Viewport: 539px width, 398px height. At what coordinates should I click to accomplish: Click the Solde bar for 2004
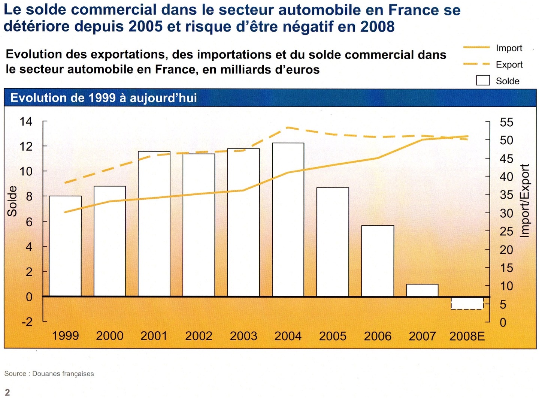point(288,219)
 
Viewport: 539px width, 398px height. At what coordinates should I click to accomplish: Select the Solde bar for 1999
point(65,246)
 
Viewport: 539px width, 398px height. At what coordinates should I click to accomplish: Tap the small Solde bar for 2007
point(422,290)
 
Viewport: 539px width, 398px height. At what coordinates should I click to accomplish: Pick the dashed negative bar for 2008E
point(467,303)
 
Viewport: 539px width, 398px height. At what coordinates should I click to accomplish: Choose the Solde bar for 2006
point(378,260)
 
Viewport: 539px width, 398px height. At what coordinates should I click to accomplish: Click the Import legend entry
point(509,48)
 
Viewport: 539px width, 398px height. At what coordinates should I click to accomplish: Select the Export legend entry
point(509,64)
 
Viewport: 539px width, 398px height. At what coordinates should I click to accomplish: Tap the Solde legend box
point(483,81)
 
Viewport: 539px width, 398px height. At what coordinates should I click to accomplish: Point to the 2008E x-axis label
point(467,336)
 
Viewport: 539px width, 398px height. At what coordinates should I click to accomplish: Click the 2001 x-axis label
point(154,336)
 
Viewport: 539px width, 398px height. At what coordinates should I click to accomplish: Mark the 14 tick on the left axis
point(26,121)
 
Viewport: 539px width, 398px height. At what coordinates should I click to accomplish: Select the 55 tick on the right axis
point(506,122)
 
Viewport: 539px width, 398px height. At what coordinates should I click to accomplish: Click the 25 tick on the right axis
point(506,232)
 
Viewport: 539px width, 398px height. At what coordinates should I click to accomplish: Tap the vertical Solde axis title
point(12,201)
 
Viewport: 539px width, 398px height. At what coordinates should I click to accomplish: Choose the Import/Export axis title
point(525,200)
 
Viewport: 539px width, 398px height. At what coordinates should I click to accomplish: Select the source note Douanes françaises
point(63,374)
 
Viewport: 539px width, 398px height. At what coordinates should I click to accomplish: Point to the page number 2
point(7,392)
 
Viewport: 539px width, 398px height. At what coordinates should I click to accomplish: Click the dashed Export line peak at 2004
point(288,127)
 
